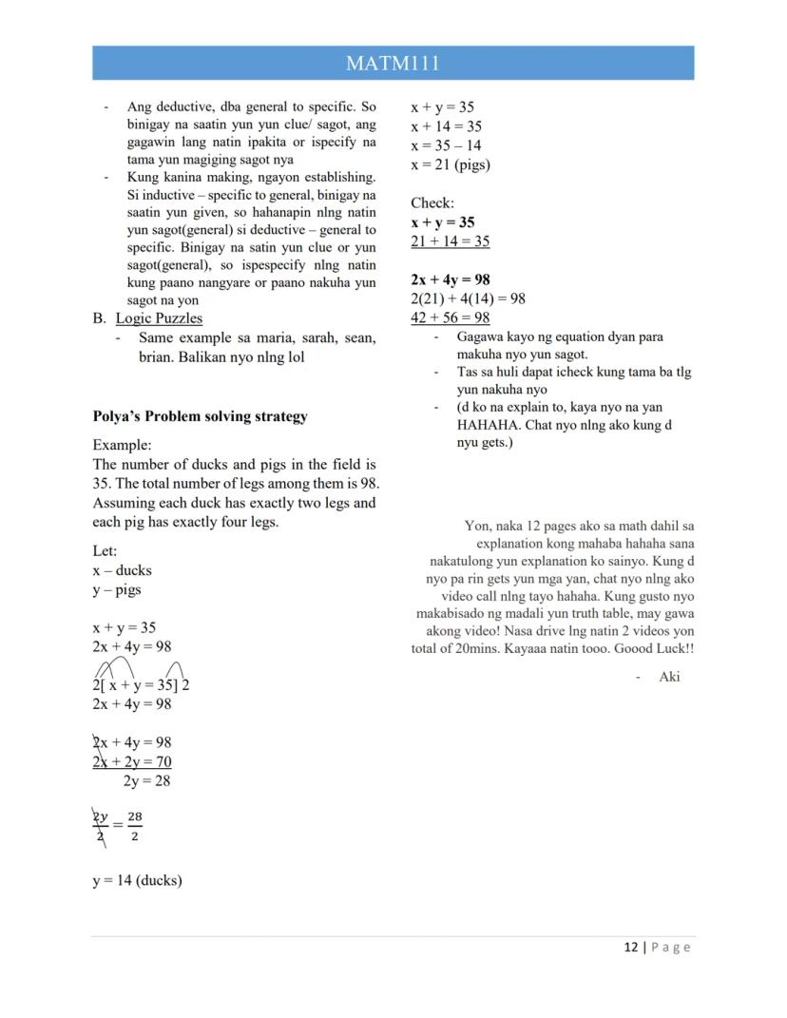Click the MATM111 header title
(393, 64)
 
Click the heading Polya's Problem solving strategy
(200, 416)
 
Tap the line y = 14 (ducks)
(137, 880)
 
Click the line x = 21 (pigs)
(451, 164)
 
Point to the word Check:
(432, 202)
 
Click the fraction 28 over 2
(136, 826)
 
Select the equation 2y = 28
(146, 780)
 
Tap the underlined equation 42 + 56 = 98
(450, 317)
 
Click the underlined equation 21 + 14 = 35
(450, 241)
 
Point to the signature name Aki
(669, 677)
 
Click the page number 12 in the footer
(631, 947)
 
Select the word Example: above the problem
(122, 445)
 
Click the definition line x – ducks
(122, 570)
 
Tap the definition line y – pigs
(116, 589)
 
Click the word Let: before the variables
(105, 551)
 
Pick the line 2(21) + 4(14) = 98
(468, 298)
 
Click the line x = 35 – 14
(446, 145)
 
